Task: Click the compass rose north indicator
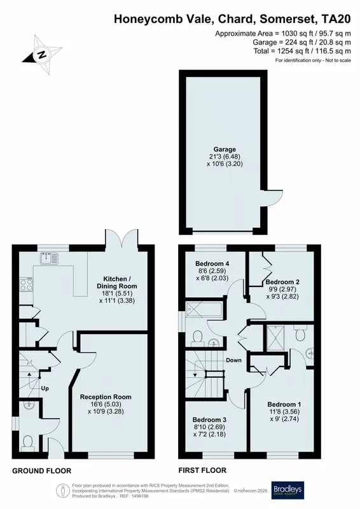[42, 55]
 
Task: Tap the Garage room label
[225, 150]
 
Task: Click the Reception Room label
[106, 396]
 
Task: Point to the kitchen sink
[49, 259]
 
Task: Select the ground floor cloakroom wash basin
[29, 405]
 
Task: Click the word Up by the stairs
[45, 388]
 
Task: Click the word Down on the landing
[233, 360]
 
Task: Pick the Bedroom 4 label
[210, 263]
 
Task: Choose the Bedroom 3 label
[209, 420]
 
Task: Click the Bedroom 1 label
[284, 404]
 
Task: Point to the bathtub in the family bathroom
[204, 310]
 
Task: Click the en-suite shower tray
[275, 338]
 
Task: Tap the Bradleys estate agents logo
[287, 491]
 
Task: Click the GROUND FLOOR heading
[41, 471]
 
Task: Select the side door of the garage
[270, 197]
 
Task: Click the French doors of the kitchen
[121, 237]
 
